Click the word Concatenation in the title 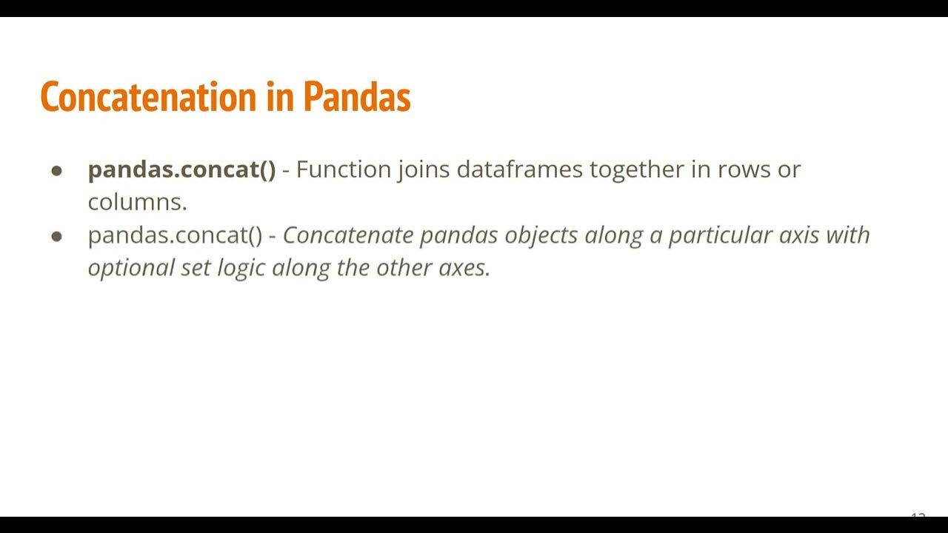[x=148, y=97]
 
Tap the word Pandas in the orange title [x=356, y=97]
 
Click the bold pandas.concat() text [x=181, y=170]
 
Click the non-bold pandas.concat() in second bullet [x=175, y=235]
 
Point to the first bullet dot [x=57, y=171]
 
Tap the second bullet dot [x=57, y=237]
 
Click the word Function [x=344, y=170]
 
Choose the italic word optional [x=131, y=268]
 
